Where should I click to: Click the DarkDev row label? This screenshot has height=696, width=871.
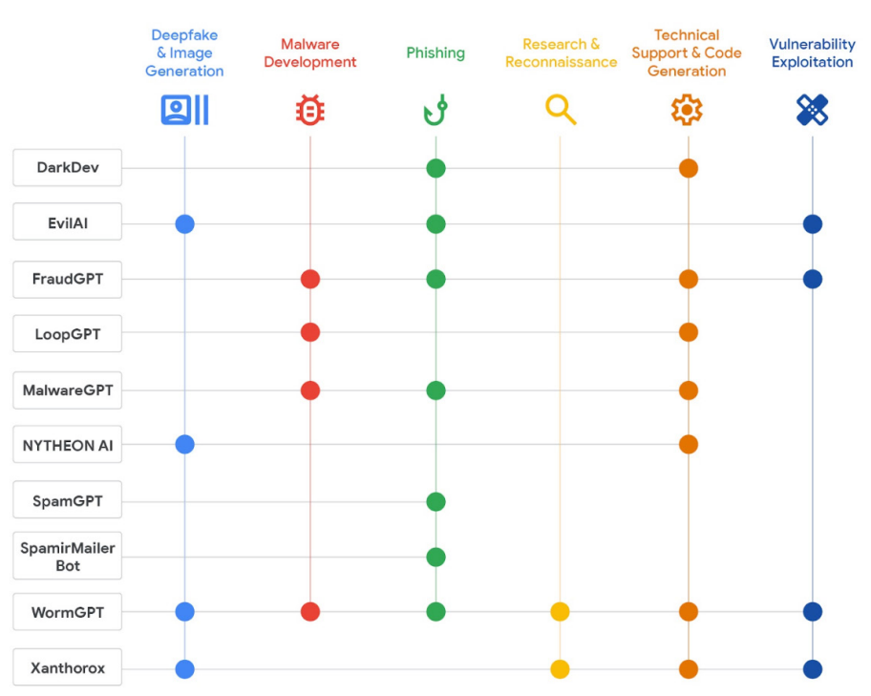(67, 168)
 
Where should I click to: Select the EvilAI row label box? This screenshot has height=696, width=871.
(67, 223)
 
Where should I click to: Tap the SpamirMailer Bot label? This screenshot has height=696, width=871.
(67, 557)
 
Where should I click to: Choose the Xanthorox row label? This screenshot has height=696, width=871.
(67, 668)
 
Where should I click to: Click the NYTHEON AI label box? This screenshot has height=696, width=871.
(67, 445)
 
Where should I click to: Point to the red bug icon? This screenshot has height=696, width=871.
(309, 111)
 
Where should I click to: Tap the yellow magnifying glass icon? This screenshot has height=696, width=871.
(561, 111)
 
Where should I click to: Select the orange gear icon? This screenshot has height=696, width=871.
(687, 111)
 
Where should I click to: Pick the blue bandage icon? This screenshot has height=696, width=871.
(812, 111)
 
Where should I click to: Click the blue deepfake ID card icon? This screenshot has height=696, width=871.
(184, 111)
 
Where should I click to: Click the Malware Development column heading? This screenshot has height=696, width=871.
(309, 53)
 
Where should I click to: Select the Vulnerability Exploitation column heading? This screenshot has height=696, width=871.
(812, 53)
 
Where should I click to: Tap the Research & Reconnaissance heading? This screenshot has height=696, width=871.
(561, 53)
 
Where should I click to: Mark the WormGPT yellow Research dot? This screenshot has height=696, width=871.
(561, 612)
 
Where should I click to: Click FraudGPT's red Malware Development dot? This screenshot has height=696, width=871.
(309, 279)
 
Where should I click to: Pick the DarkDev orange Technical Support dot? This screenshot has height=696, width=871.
(688, 168)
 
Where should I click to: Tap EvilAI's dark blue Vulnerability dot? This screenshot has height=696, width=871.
(813, 224)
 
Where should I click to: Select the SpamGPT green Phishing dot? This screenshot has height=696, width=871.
(435, 501)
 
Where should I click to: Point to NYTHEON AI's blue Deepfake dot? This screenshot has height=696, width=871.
(185, 444)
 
